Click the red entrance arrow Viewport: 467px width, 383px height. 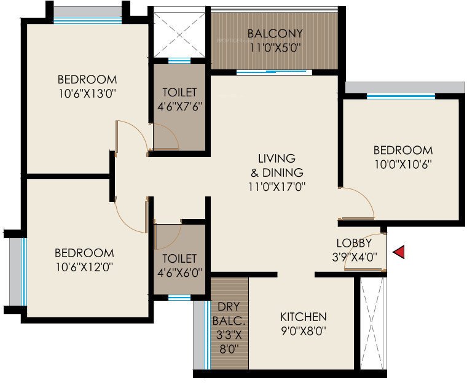point(399,252)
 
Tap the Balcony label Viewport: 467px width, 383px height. point(275,33)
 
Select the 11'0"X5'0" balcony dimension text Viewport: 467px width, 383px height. point(275,47)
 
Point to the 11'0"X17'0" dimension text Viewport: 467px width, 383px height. point(277,186)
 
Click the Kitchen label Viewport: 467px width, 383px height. point(304,317)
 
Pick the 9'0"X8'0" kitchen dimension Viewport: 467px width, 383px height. point(303,331)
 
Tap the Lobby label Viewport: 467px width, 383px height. point(355,243)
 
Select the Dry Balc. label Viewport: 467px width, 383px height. point(229,313)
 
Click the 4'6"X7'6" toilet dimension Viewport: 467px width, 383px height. point(179,106)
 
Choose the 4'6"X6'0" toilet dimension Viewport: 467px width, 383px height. point(179,273)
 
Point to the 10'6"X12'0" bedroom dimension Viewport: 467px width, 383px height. point(84,267)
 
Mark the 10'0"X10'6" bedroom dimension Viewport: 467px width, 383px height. point(403,164)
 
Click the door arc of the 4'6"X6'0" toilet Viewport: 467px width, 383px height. point(167,234)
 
